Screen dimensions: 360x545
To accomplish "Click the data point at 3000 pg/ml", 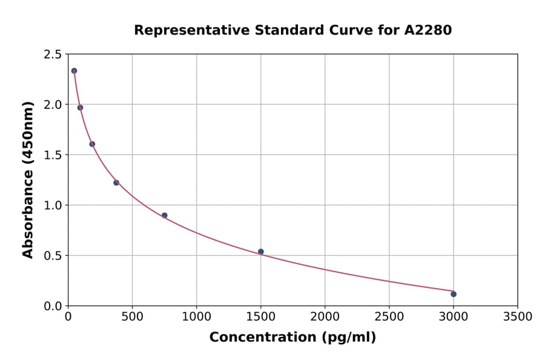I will coord(454,294).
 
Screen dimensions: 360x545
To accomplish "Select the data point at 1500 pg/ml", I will coord(261,252).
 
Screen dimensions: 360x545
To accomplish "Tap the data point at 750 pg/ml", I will coord(164,215).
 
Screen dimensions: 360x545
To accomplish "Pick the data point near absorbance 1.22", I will coord(116,182).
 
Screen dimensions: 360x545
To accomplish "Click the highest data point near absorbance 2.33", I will coord(74,71).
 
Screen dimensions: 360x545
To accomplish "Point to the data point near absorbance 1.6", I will coord(92,144).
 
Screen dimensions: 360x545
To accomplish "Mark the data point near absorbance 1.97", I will coord(80,107).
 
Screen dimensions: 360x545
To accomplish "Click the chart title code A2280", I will coord(428,30).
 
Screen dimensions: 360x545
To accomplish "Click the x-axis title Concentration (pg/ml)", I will coord(292,338).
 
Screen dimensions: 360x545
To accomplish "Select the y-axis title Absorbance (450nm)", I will coord(28,179).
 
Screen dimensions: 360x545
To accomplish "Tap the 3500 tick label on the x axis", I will coord(517,317).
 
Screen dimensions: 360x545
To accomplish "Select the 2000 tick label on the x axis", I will coord(325,317).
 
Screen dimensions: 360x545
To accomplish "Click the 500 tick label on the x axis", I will coord(132,317).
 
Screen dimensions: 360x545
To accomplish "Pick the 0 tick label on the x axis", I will coord(68,317).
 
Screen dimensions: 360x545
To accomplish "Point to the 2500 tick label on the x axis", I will coord(389,317).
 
